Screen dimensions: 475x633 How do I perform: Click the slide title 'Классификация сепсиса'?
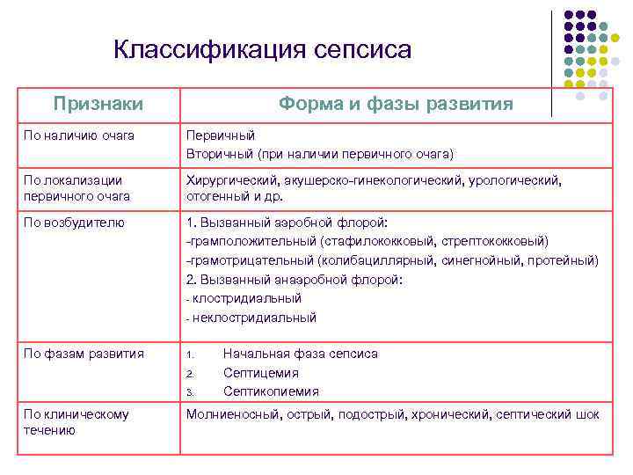pyautogui.click(x=262, y=50)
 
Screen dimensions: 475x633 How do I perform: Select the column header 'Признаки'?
pyautogui.click(x=98, y=104)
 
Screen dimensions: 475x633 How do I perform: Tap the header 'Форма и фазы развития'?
pyautogui.click(x=396, y=104)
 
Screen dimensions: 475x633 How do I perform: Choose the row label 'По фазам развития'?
pyautogui.click(x=84, y=354)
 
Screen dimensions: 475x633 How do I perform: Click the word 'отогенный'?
pyautogui.click(x=216, y=195)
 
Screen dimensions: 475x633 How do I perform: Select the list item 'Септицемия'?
pyautogui.click(x=261, y=373)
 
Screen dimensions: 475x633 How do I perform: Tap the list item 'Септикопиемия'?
pyautogui.click(x=271, y=391)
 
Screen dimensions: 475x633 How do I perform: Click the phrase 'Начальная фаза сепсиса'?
pyautogui.click(x=300, y=354)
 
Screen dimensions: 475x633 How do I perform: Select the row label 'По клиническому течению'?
pyautogui.click(x=76, y=422)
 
